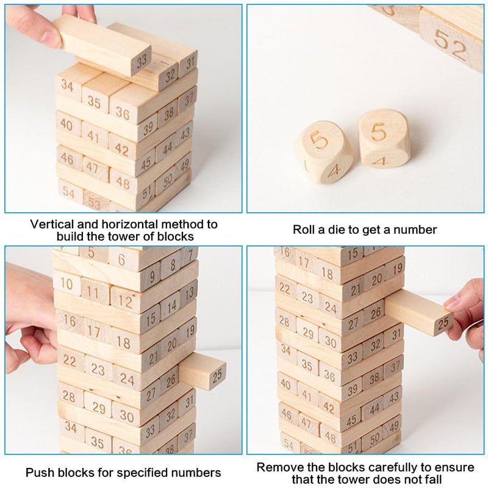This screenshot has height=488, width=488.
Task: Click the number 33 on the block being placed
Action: click(x=142, y=61)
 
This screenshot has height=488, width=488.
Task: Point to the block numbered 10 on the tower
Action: click(x=67, y=283)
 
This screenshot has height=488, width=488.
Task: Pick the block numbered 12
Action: click(x=126, y=300)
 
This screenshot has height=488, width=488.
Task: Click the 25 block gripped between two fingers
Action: click(x=421, y=313)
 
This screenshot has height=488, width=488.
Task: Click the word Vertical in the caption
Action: click(x=54, y=224)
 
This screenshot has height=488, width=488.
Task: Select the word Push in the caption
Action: click(x=39, y=473)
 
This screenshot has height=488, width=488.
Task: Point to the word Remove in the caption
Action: click(x=278, y=468)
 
